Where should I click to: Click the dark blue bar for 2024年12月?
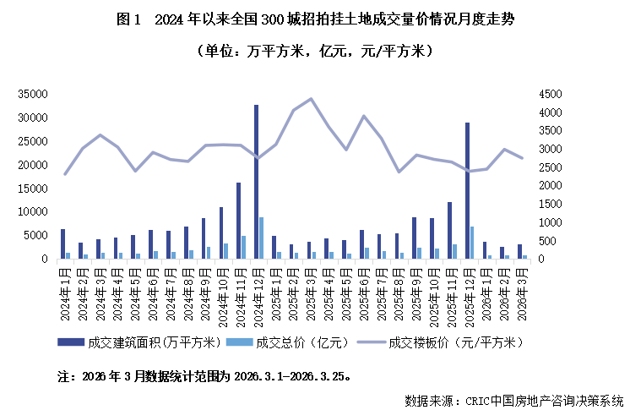pyautogui.click(x=256, y=182)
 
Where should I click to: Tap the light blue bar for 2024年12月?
pyautogui.click(x=261, y=238)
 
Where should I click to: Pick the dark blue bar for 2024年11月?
pyautogui.click(x=238, y=221)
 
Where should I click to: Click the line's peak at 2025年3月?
pyautogui.click(x=311, y=99)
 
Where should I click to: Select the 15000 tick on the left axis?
pyautogui.click(x=32, y=189)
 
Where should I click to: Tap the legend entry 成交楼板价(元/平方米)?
pyautogui.click(x=443, y=342)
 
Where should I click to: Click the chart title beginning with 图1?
pyautogui.click(x=314, y=19)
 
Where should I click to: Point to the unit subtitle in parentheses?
pyautogui.click(x=314, y=52)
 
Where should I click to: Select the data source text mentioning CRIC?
pyautogui.click(x=513, y=399)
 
